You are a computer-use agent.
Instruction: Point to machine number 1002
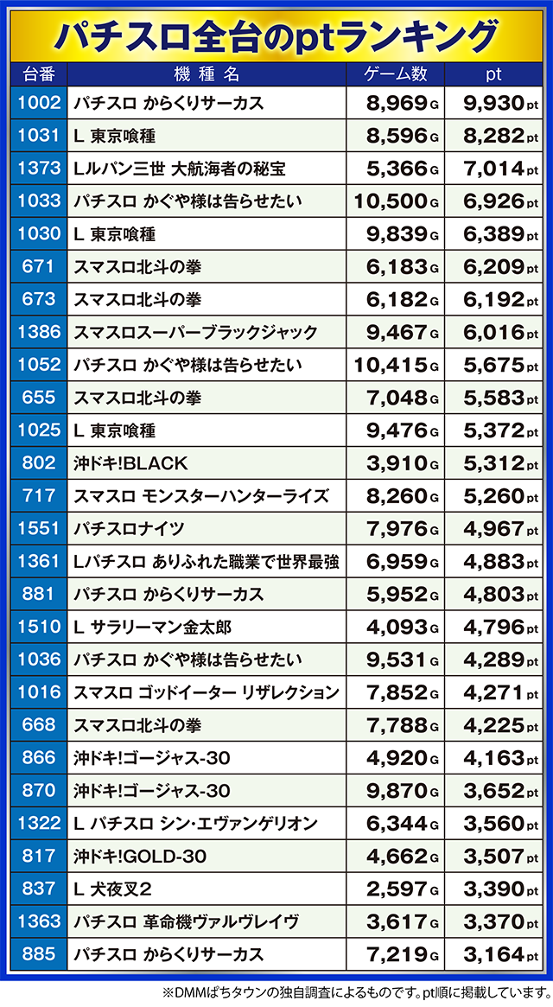[x=39, y=104]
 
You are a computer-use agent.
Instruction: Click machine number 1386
[x=39, y=333]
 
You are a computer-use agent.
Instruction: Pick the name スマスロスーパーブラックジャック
[x=195, y=333]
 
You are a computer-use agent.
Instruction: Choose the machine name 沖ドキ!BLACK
[x=130, y=463]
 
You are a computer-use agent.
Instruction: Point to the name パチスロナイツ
[x=129, y=529]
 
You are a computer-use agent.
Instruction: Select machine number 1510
[x=39, y=627]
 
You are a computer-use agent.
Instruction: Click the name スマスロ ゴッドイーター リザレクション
[x=207, y=692]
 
